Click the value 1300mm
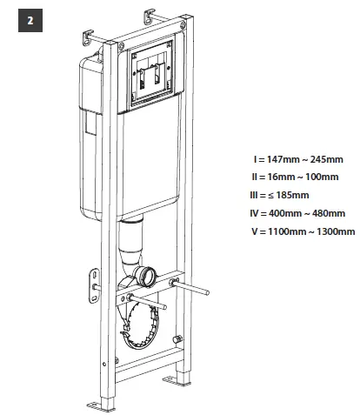click(334, 231)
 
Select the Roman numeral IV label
click(254, 213)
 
